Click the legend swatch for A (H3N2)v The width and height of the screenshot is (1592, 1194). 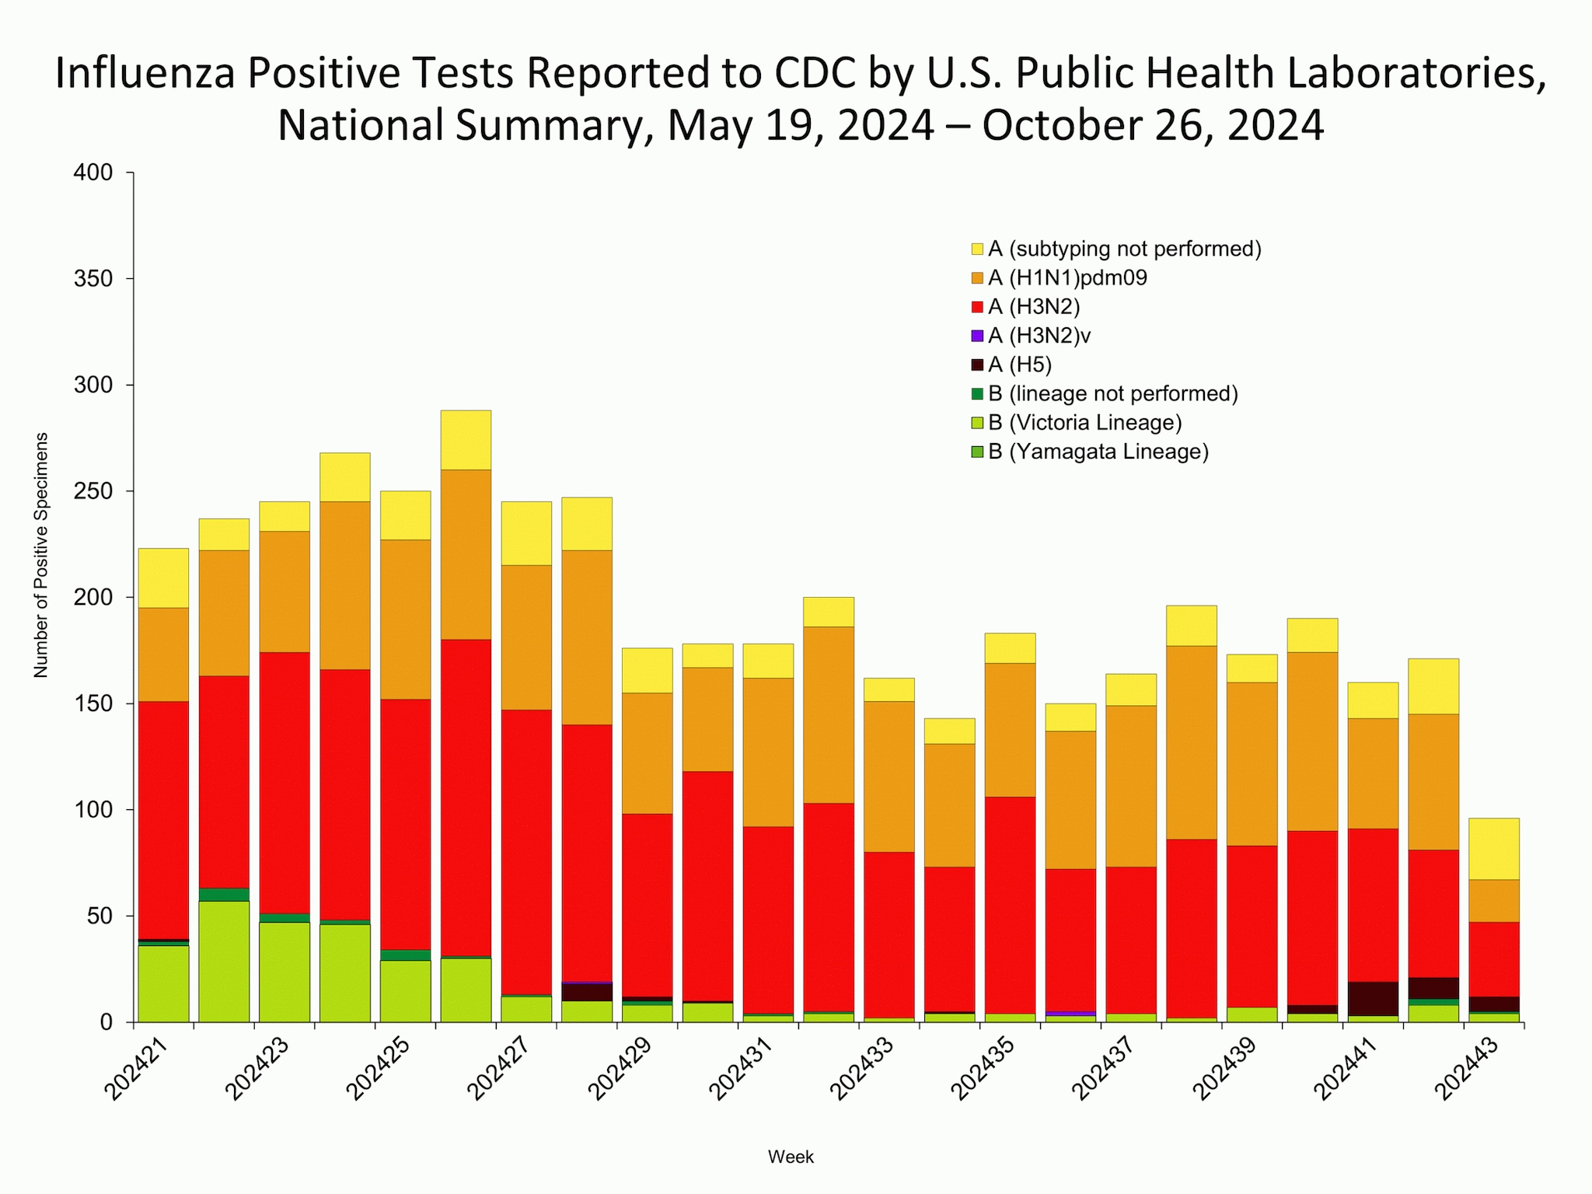977,336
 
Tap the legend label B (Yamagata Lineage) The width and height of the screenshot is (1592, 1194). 1098,452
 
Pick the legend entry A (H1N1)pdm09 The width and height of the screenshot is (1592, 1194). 1067,278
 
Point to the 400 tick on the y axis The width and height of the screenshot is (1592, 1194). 94,173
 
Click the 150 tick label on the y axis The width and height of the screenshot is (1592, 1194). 94,703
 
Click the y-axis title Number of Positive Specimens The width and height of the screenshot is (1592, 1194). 41,555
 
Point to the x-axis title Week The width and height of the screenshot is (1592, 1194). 791,1157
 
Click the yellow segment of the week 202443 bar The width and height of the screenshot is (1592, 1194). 1493,848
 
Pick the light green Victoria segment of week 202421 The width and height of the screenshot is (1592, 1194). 163,983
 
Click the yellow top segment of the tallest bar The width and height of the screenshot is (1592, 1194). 466,440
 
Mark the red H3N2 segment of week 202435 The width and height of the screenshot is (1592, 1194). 1010,905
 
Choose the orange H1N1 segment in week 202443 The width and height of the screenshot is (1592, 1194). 1493,900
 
